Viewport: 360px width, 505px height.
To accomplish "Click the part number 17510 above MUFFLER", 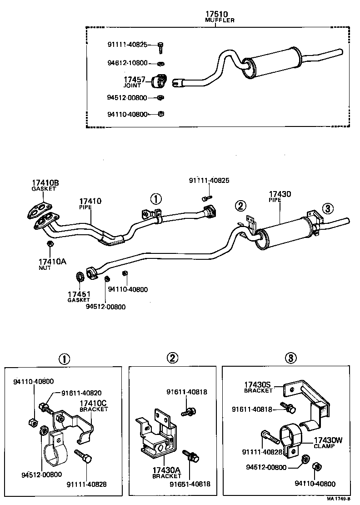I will [x=216, y=15].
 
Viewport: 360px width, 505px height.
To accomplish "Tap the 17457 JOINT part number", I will [x=135, y=80].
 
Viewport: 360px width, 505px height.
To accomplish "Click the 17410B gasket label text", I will [x=45, y=183].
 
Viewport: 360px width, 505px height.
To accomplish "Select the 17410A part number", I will [x=52, y=262].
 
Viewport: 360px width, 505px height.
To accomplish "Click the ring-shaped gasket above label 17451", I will [x=80, y=277].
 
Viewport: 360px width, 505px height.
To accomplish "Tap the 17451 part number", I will [x=79, y=294].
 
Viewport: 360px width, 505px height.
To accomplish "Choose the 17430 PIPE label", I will [x=280, y=194].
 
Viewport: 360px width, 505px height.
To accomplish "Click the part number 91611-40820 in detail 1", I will [x=75, y=394].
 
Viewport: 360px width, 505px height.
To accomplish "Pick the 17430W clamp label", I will [x=330, y=440].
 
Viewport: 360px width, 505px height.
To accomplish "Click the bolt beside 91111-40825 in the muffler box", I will [x=160, y=45].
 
